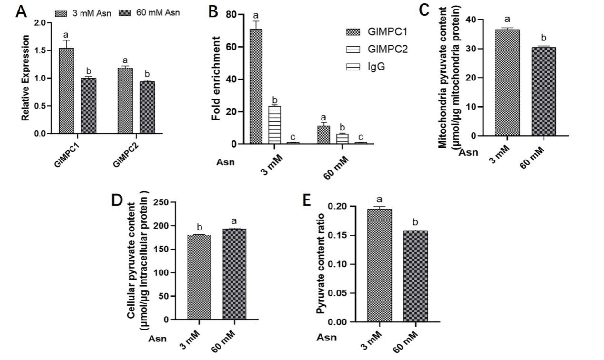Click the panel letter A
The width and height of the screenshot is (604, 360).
click(21, 11)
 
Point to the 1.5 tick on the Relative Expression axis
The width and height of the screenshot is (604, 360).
click(46, 50)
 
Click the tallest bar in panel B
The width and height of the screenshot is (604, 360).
click(256, 86)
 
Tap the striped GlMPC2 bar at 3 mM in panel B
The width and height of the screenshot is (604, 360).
click(274, 124)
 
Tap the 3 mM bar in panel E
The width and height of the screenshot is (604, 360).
click(379, 265)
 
